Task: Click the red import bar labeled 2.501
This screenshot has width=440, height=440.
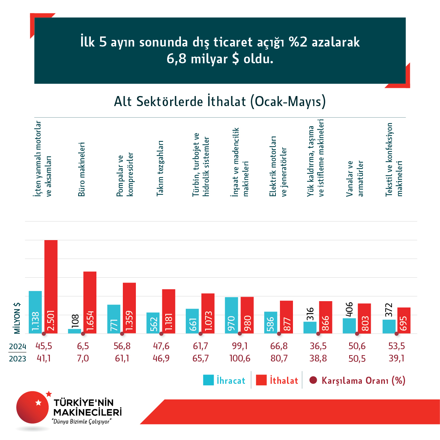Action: (51, 287)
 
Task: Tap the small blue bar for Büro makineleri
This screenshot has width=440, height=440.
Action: (74, 331)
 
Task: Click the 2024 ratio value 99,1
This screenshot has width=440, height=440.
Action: (239, 346)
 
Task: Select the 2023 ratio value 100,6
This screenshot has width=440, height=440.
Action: (239, 358)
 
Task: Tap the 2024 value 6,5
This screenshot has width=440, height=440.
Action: (83, 346)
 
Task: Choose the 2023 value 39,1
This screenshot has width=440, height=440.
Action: (396, 358)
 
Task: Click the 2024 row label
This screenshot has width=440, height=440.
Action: (17, 347)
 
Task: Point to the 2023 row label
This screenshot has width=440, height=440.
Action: (17, 358)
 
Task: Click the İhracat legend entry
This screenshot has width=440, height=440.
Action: (224, 380)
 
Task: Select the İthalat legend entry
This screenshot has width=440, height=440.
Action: (277, 380)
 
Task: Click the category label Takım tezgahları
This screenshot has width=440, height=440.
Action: (160, 168)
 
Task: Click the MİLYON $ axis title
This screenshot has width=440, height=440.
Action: (17, 318)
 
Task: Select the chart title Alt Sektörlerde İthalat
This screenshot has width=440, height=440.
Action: (220, 101)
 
